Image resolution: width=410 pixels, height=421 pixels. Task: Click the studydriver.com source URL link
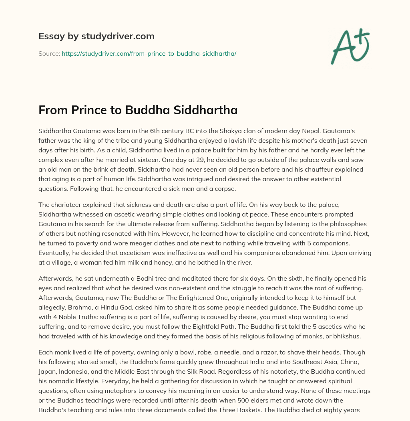(x=149, y=53)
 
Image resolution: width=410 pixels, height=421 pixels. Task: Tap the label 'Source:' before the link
(x=49, y=53)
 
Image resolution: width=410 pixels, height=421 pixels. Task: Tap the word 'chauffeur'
(x=295, y=169)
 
